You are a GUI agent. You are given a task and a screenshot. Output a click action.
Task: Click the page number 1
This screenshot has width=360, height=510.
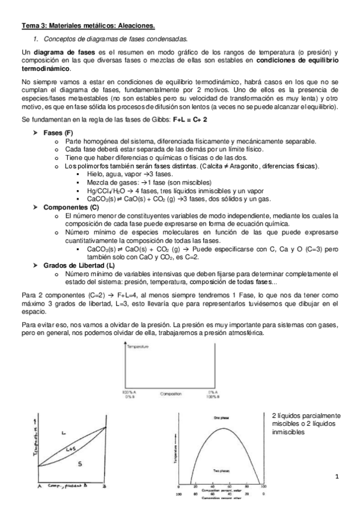click(339, 477)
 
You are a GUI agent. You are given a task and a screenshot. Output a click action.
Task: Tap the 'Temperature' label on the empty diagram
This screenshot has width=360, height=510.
click(138, 348)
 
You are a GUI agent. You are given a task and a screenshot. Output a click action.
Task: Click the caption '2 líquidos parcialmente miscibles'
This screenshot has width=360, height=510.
click(306, 419)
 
